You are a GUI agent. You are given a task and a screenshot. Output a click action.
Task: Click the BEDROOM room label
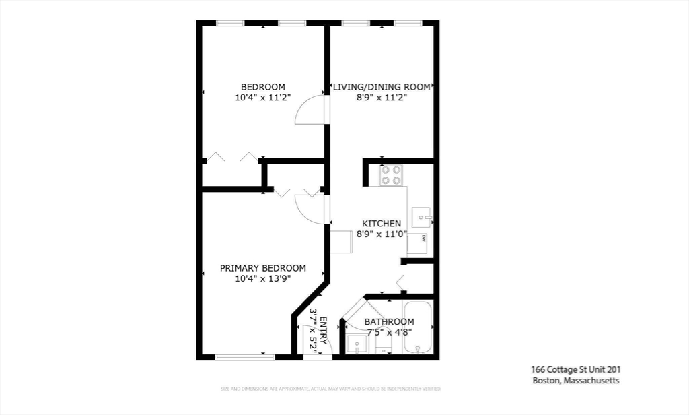click(263, 87)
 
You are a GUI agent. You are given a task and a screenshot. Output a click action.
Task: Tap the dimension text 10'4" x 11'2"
click(263, 98)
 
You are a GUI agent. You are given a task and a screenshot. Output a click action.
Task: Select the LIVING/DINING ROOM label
click(382, 87)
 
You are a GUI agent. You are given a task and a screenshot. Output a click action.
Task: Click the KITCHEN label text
click(382, 224)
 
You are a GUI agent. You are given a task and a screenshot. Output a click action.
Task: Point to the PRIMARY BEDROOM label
click(263, 268)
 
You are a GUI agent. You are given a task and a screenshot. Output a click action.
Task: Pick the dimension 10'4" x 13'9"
click(263, 279)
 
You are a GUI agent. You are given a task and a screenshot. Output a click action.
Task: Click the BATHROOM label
click(389, 322)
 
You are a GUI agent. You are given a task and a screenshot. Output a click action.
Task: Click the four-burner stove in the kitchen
click(391, 175)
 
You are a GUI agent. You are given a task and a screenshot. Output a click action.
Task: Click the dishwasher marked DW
click(418, 241)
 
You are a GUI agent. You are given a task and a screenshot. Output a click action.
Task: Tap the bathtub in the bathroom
click(417, 328)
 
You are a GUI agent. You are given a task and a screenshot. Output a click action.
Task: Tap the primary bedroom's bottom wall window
click(245, 356)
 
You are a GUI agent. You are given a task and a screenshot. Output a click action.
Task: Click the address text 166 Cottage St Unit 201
click(575, 369)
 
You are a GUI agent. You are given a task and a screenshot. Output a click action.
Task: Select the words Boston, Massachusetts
click(575, 381)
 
